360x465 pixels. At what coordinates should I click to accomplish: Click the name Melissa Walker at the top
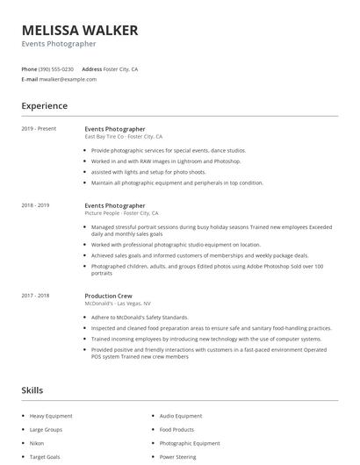click(80, 30)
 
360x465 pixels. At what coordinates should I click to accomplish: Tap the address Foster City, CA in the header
click(121, 68)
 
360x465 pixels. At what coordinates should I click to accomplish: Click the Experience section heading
click(45, 106)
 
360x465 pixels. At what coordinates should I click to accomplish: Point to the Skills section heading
click(32, 390)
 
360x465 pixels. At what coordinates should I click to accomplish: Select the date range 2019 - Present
click(39, 129)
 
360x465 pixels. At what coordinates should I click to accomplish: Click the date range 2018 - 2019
click(36, 205)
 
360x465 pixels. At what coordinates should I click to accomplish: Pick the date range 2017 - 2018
click(36, 297)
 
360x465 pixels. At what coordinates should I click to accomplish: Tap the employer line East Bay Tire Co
click(124, 137)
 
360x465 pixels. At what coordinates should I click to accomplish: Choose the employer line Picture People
click(121, 213)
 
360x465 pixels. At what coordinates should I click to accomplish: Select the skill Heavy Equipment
click(50, 416)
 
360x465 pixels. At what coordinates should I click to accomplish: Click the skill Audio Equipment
click(181, 416)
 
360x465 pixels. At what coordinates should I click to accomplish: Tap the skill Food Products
click(176, 430)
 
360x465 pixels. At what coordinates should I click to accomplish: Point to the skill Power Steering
click(178, 457)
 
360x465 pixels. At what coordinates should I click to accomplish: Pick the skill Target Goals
click(45, 457)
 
